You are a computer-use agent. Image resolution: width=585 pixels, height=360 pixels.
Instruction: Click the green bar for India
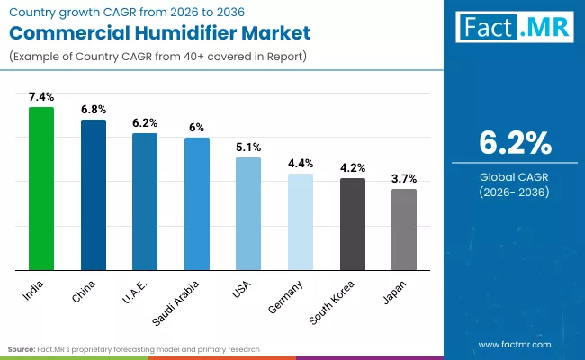coord(41,189)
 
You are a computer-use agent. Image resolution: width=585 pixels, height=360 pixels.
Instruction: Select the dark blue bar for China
coord(94,195)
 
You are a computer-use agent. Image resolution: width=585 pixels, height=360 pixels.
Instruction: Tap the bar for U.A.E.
coord(145,202)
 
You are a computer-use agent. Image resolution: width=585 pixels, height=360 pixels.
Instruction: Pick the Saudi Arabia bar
coord(197,204)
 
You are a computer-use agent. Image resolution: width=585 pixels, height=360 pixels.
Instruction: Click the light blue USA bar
coord(248,214)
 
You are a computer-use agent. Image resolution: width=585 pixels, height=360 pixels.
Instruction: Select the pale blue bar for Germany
coord(301,222)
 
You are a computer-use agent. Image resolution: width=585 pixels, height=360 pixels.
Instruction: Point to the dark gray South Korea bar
coord(353,224)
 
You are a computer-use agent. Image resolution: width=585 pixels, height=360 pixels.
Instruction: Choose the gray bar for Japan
coord(404,229)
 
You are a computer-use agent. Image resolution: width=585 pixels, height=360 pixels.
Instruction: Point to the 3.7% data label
coord(404,178)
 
